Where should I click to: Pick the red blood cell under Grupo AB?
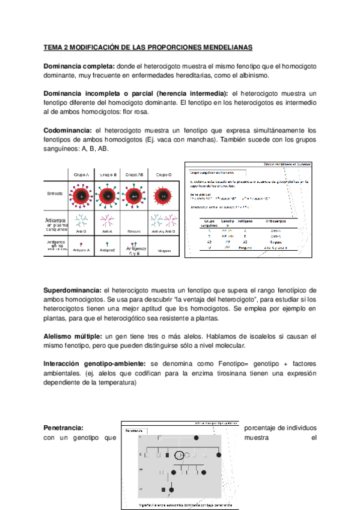tap(136, 195)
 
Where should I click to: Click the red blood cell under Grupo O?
tap(163, 195)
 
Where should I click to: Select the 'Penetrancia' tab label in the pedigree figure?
tap(133, 431)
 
